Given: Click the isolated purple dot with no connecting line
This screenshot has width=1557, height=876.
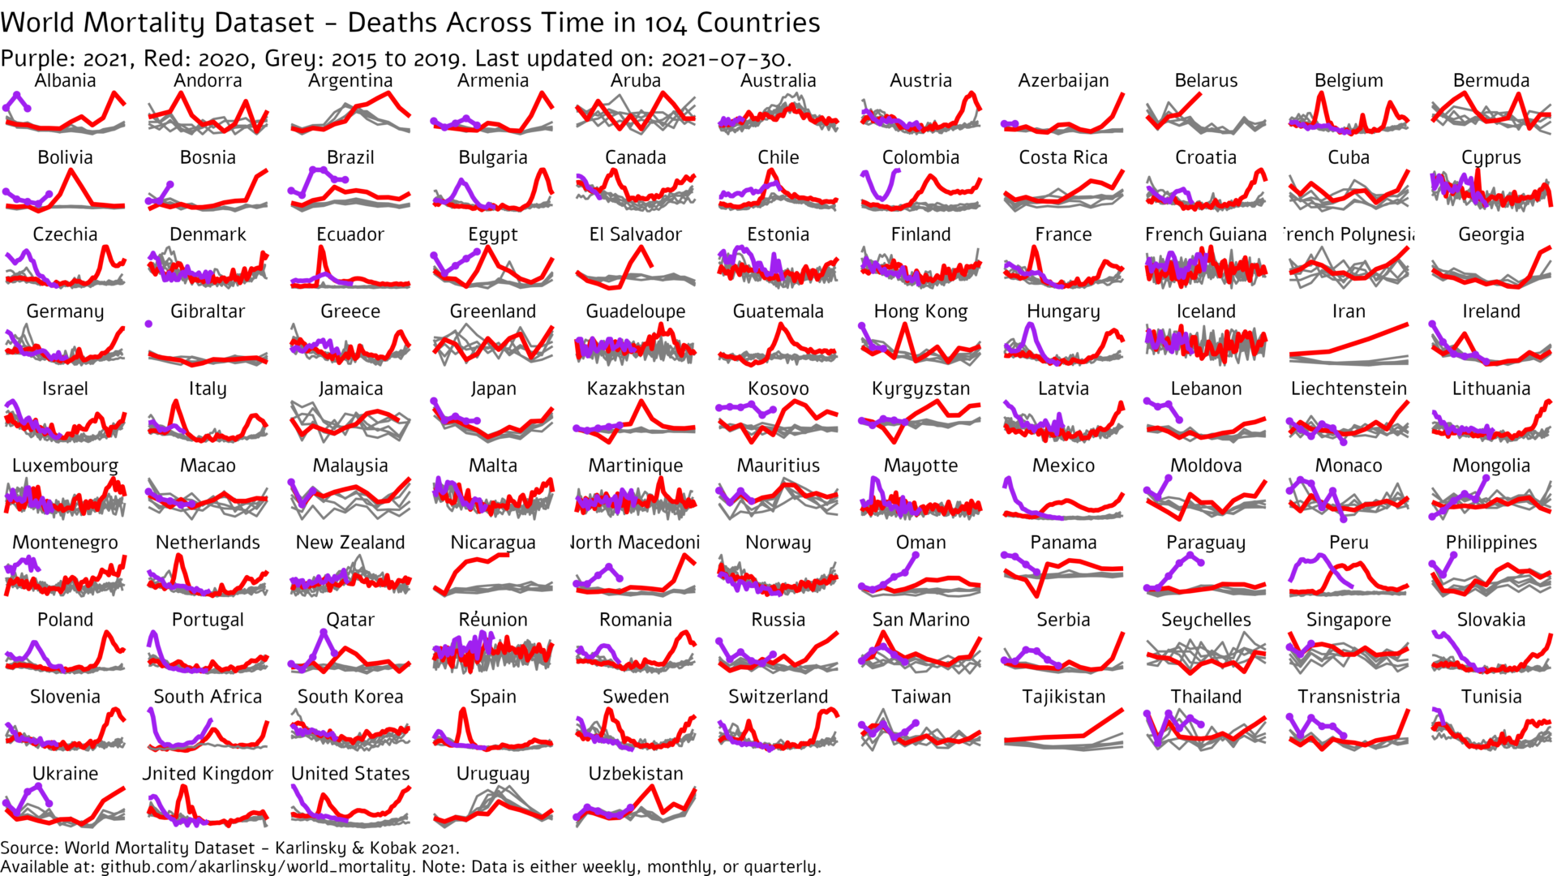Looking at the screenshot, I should pyautogui.click(x=148, y=324).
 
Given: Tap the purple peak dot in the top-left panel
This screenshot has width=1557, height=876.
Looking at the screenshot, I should pyautogui.click(x=16, y=95).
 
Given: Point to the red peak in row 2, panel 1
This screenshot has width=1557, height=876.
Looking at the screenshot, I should pyautogui.click(x=71, y=170).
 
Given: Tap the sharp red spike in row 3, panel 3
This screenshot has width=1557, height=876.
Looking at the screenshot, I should pyautogui.click(x=322, y=247).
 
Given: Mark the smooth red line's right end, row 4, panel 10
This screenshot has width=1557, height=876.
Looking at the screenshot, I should pyautogui.click(x=1407, y=324).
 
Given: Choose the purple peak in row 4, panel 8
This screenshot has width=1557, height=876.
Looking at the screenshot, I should pyautogui.click(x=1030, y=324).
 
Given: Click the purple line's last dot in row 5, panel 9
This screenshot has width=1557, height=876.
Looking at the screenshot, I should pyautogui.click(x=1179, y=420).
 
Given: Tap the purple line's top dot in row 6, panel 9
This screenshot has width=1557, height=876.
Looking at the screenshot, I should pyautogui.click(x=1169, y=477).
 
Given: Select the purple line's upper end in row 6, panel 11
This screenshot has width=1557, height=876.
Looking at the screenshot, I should pyautogui.click(x=1486, y=477).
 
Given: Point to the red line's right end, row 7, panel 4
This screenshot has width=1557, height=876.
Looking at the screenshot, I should pyautogui.click(x=508, y=555).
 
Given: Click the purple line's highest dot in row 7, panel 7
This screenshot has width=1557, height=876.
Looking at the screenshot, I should pyautogui.click(x=916, y=555).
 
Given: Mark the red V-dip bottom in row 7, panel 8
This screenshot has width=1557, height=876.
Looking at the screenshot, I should pyautogui.click(x=1037, y=596).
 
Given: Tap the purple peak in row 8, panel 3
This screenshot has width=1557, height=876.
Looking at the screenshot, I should pyautogui.click(x=324, y=631).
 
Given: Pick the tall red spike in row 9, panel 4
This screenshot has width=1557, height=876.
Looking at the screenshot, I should pyautogui.click(x=462, y=710).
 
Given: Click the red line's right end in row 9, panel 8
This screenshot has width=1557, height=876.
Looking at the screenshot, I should pyautogui.click(x=1122, y=711).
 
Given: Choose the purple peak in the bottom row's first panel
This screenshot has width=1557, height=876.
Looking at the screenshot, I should pyautogui.click(x=38, y=785).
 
